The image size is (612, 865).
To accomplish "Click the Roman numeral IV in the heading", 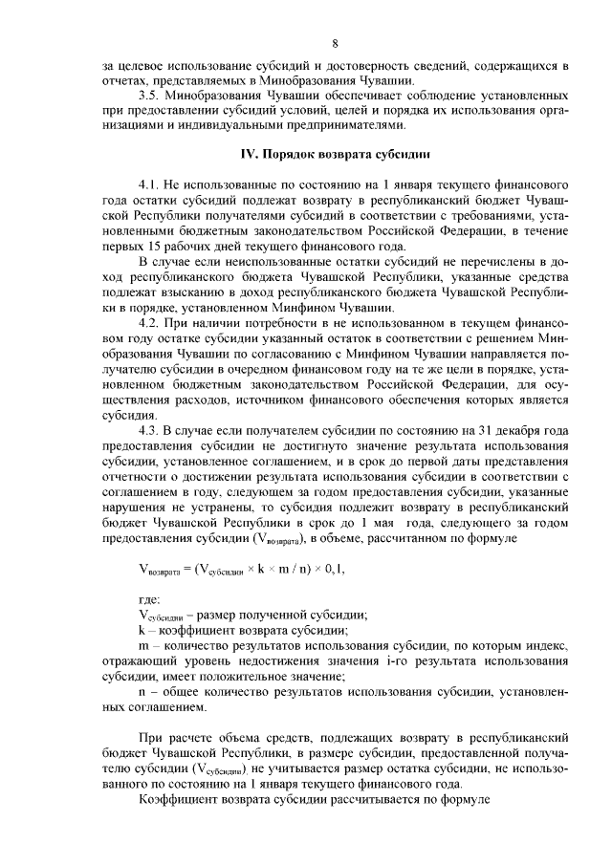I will click(247, 153).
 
